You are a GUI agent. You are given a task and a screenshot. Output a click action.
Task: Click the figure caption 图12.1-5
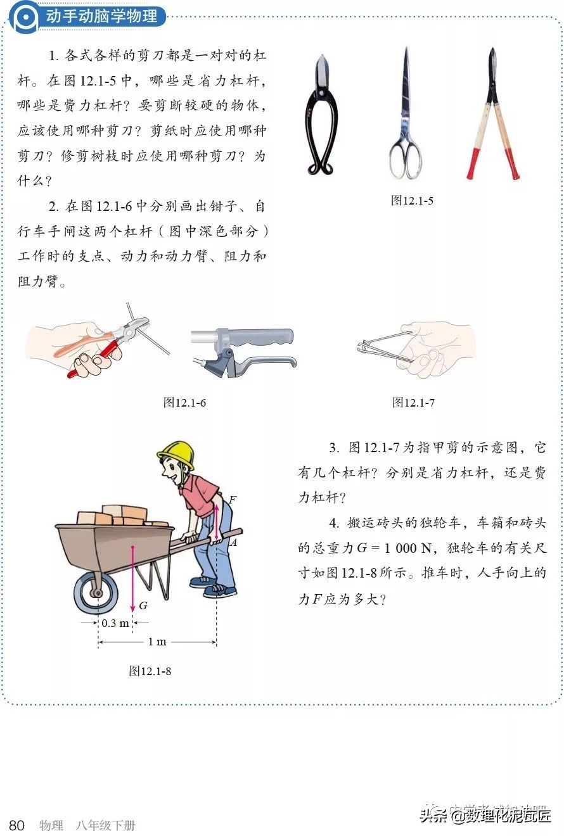click(412, 201)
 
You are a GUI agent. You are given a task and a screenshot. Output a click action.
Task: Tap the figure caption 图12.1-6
click(184, 402)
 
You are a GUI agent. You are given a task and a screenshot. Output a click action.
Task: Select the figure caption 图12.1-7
click(413, 402)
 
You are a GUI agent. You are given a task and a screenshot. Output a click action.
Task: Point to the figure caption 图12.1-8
click(150, 671)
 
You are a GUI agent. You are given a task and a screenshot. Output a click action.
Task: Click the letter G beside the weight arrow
click(143, 605)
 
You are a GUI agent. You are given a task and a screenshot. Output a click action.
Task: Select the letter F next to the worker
click(232, 500)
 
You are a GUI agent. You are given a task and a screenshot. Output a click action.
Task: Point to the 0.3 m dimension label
click(115, 623)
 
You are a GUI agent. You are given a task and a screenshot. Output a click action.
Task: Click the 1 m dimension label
click(157, 642)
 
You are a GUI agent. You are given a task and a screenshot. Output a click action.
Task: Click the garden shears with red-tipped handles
click(492, 114)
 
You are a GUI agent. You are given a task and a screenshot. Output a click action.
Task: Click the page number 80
click(17, 825)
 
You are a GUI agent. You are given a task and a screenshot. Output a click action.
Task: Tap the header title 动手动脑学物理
click(101, 16)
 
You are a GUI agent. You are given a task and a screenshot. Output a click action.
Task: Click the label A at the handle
click(233, 542)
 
